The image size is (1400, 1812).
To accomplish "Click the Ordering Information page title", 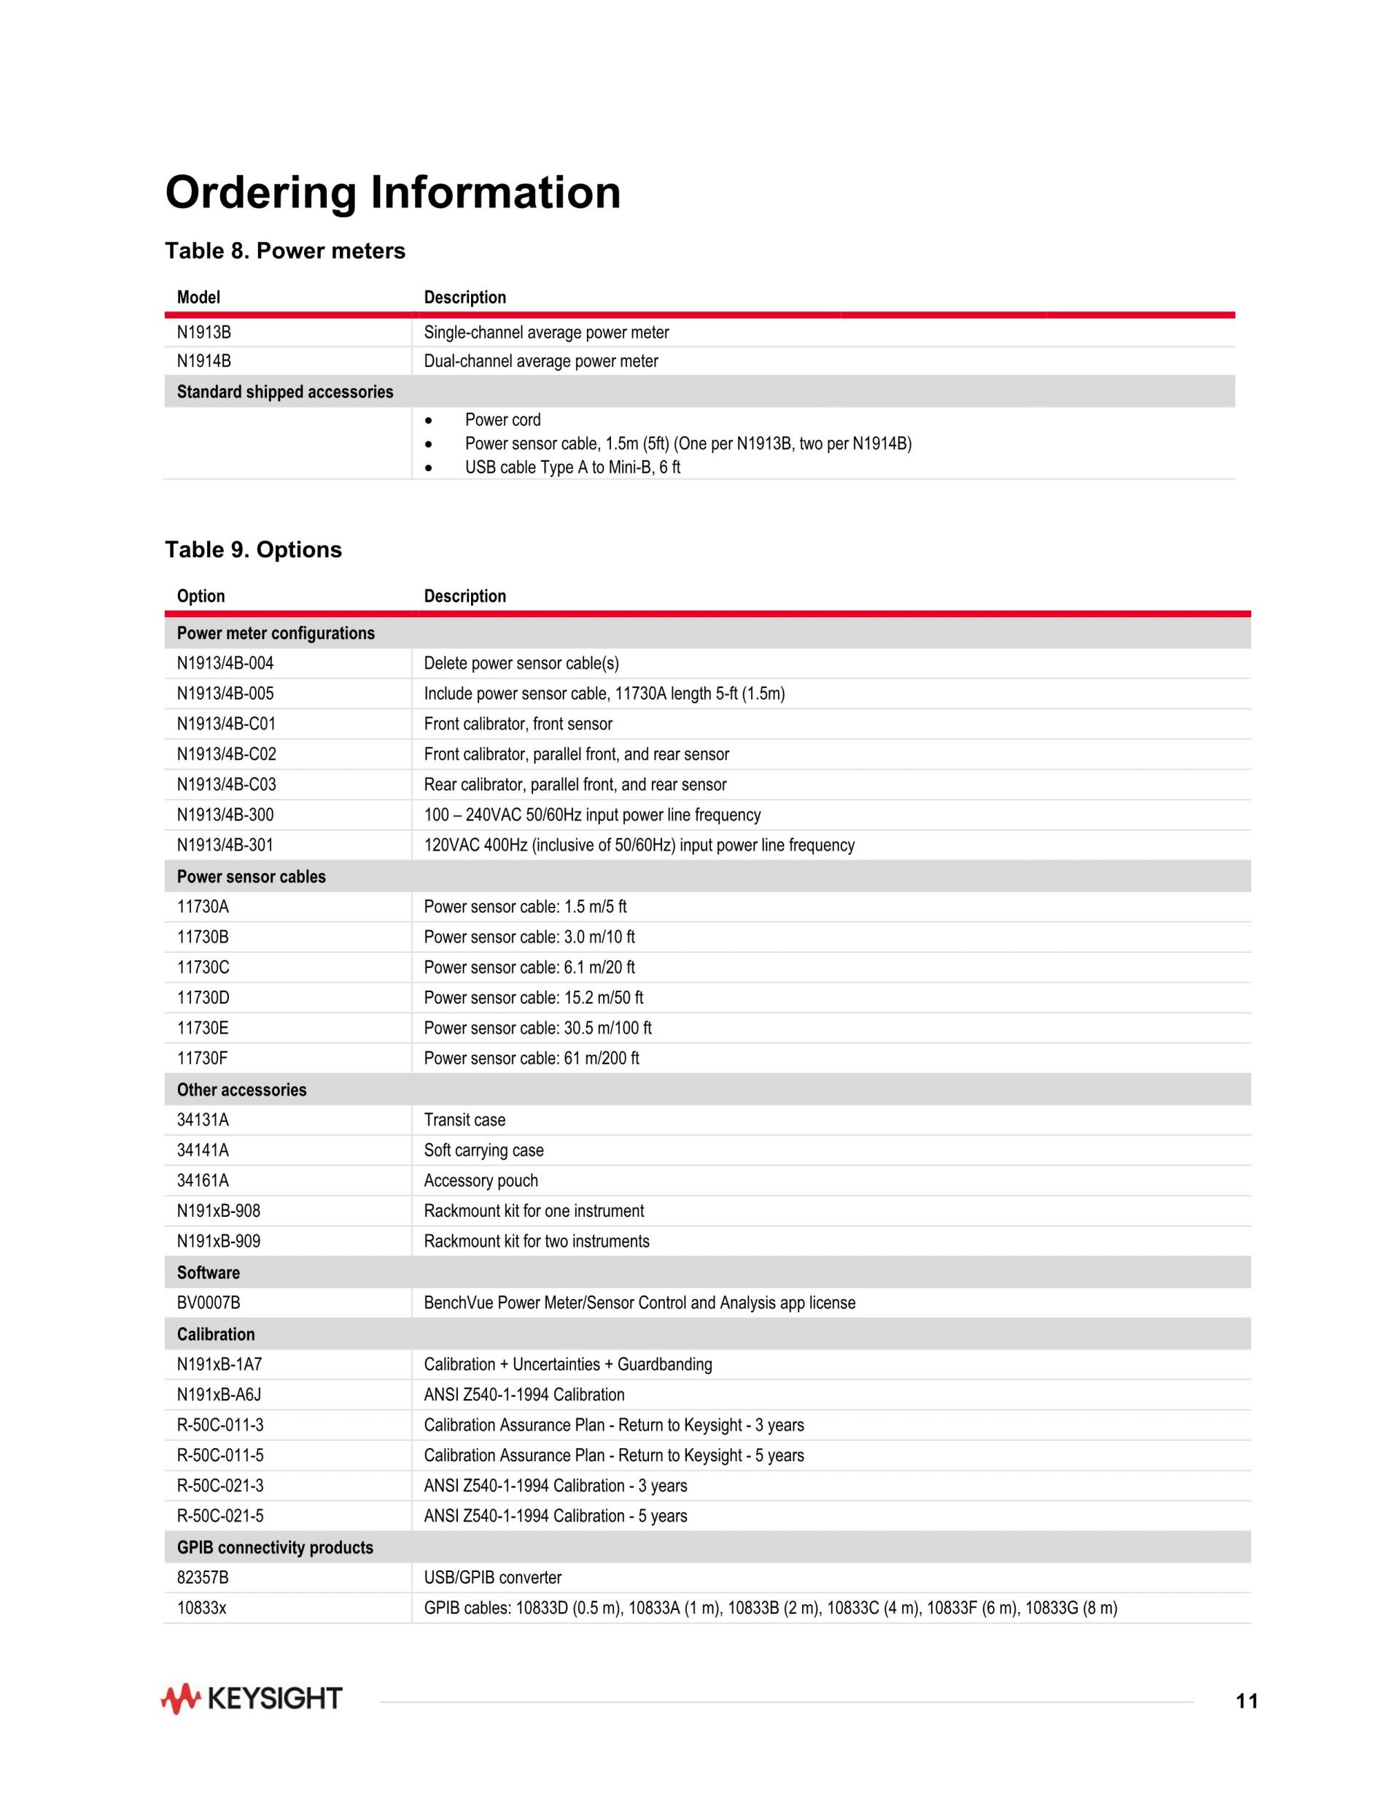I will click(392, 193).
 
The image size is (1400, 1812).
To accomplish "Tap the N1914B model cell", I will click(204, 361).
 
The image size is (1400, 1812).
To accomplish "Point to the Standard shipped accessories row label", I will click(284, 392).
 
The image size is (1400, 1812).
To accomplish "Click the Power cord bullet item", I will click(502, 420).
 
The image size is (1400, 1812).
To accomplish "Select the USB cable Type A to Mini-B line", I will click(572, 467).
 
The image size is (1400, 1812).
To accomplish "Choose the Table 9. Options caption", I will click(253, 549).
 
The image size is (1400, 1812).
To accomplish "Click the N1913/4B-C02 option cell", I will click(227, 754).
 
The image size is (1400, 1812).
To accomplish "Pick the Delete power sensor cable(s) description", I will click(521, 663).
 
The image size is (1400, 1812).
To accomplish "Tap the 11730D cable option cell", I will click(203, 997).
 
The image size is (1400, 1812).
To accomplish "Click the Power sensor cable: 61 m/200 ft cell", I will click(531, 1058).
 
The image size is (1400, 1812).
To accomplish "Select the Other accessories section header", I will click(241, 1089).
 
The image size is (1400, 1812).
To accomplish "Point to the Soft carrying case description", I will click(483, 1150).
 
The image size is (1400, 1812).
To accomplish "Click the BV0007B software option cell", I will click(208, 1303).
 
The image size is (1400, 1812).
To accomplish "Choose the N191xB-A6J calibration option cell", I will click(219, 1395).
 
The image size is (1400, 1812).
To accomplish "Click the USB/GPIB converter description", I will click(493, 1577).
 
